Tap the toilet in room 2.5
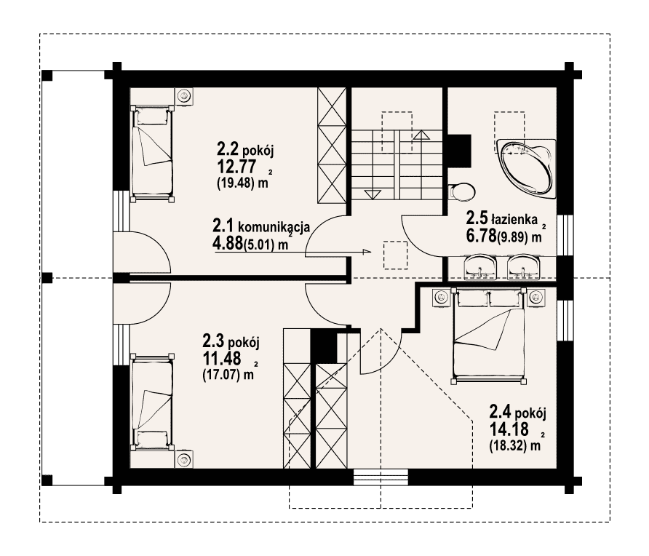tap(462, 191)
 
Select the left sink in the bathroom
tap(480, 266)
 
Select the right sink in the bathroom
tap(524, 266)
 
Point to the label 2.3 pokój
tap(231, 341)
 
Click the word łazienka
tap(514, 218)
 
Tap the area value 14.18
tap(509, 429)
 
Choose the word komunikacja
tap(274, 227)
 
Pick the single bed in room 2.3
tap(151, 402)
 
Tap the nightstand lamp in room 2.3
tap(183, 459)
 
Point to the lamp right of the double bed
tap(536, 297)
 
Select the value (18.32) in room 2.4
tap(509, 447)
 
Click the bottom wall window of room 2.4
tap(381, 477)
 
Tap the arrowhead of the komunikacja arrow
tap(366, 251)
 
